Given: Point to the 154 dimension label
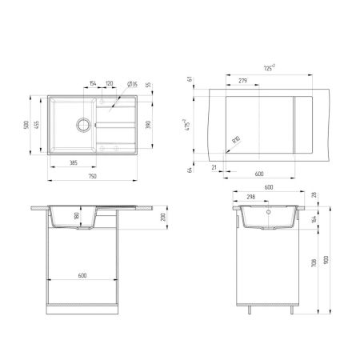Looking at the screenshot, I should [x=93, y=82].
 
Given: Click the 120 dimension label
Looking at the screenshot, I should [x=110, y=82].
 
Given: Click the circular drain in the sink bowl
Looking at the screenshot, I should [x=82, y=124].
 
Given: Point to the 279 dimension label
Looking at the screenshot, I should [x=242, y=80].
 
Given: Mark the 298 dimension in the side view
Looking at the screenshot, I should [x=251, y=196].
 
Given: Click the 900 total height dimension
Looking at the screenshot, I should [x=326, y=260].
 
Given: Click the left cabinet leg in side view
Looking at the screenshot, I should [x=246, y=309].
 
